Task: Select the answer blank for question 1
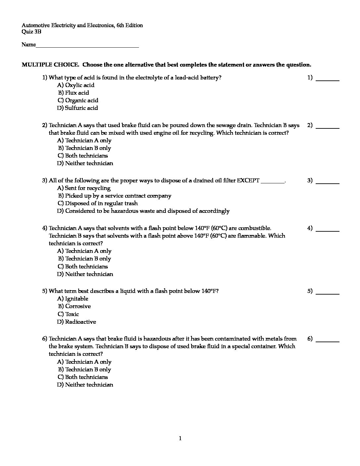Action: [328, 79]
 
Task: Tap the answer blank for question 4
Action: [328, 230]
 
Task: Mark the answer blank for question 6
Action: [328, 341]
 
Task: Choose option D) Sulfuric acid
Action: [77, 108]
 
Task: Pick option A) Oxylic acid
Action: [76, 85]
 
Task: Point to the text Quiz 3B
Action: [31, 32]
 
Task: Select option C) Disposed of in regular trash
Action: [98, 203]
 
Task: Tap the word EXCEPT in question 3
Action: [248, 181]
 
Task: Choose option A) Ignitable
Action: [73, 299]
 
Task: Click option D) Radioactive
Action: [76, 322]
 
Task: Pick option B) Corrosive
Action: [74, 306]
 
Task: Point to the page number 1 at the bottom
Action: [180, 439]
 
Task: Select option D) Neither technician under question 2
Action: [85, 163]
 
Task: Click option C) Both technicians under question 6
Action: [83, 377]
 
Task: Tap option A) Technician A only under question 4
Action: [84, 251]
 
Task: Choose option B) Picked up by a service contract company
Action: [114, 196]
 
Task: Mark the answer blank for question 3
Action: [328, 182]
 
